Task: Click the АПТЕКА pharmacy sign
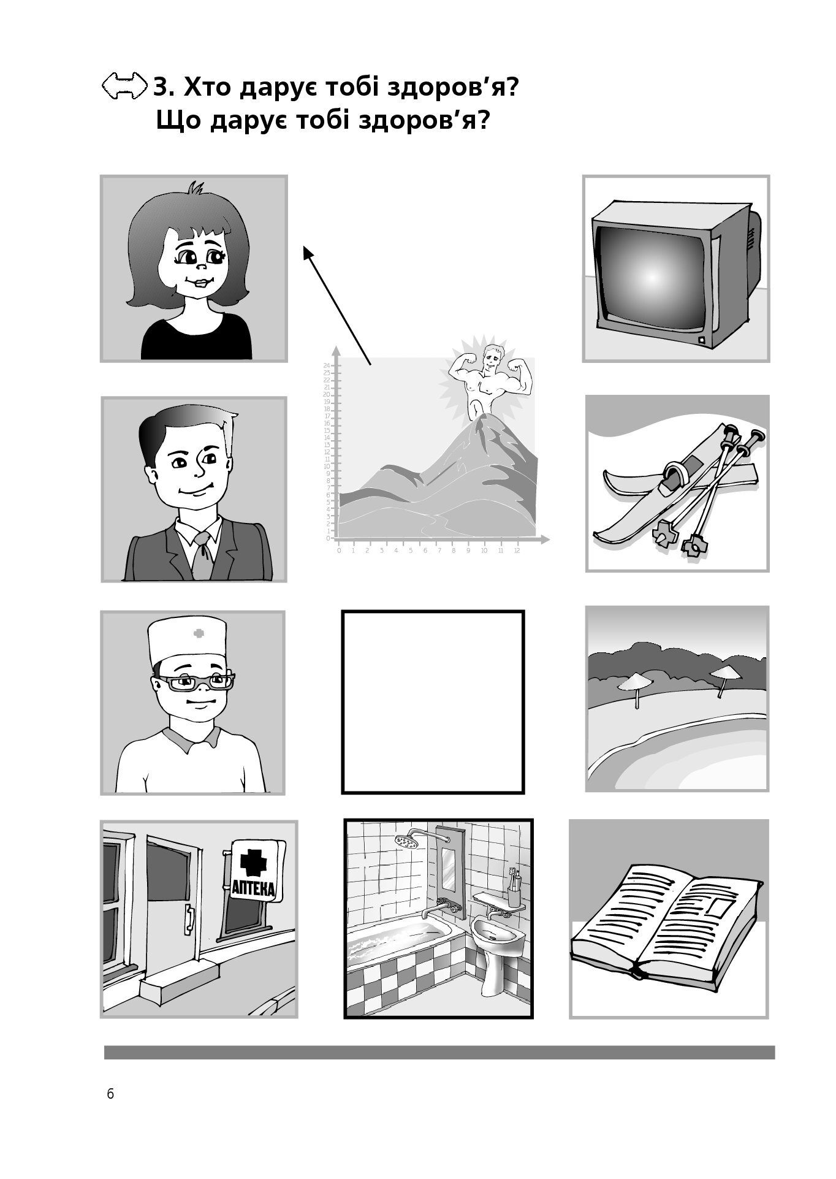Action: click(257, 870)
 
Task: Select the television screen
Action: click(651, 278)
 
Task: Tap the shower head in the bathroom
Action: click(406, 841)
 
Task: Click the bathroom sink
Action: click(499, 936)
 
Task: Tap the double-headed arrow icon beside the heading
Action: click(124, 86)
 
